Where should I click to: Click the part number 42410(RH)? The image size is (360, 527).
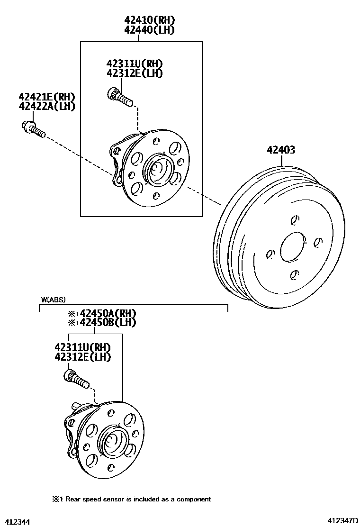click(x=150, y=20)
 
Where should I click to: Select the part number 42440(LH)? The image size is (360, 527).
click(x=150, y=30)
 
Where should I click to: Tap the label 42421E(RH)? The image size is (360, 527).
click(x=47, y=97)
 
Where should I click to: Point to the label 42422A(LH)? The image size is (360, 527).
click(x=47, y=106)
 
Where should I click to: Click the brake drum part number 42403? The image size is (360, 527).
click(x=281, y=150)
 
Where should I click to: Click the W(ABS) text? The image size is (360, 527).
click(x=53, y=300)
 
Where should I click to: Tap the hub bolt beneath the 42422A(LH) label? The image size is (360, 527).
click(x=33, y=129)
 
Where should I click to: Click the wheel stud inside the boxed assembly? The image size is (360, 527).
click(x=120, y=96)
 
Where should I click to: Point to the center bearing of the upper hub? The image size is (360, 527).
click(x=158, y=170)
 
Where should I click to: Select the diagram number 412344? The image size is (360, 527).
click(x=16, y=521)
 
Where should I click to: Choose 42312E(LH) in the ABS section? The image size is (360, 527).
click(x=83, y=357)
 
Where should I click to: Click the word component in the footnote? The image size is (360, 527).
click(x=194, y=499)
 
